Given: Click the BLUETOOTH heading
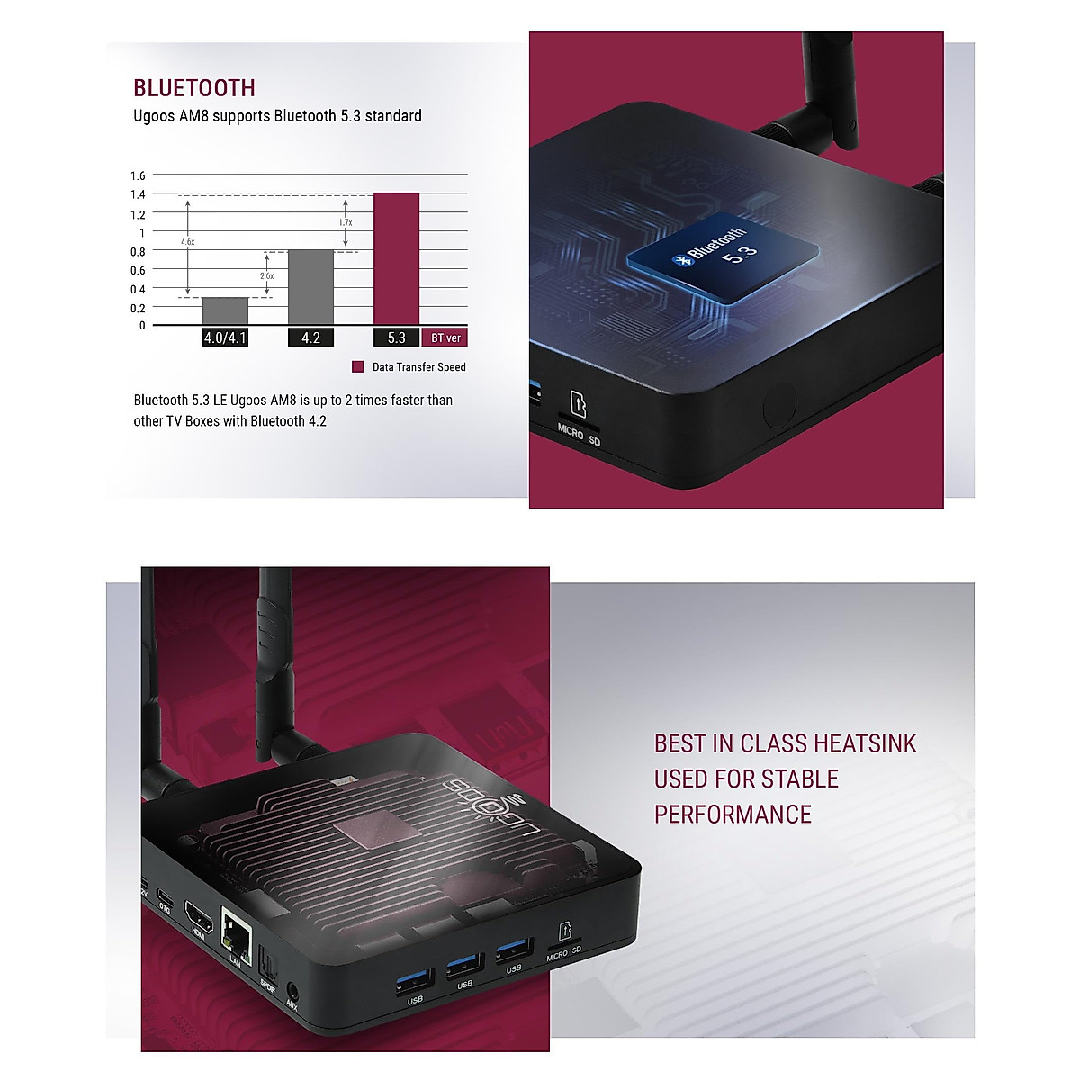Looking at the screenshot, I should [x=194, y=88].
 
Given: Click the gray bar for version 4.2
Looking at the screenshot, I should [x=310, y=287].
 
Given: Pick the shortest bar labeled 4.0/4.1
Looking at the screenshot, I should [x=225, y=310].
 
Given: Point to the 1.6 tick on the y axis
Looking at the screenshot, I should [x=138, y=175].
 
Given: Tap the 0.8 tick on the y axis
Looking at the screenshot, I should [x=138, y=252].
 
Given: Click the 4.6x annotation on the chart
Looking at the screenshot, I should [x=187, y=242].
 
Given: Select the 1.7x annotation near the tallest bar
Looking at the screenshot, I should [x=346, y=222].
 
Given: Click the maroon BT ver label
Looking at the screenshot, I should [x=445, y=338].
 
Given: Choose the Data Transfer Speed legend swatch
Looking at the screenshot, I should [x=357, y=367].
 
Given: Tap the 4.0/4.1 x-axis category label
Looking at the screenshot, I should [x=225, y=338].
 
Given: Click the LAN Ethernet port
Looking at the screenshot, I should [x=236, y=926].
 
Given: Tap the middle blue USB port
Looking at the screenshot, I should [x=463, y=966].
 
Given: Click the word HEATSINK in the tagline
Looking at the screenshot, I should [x=864, y=743].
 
